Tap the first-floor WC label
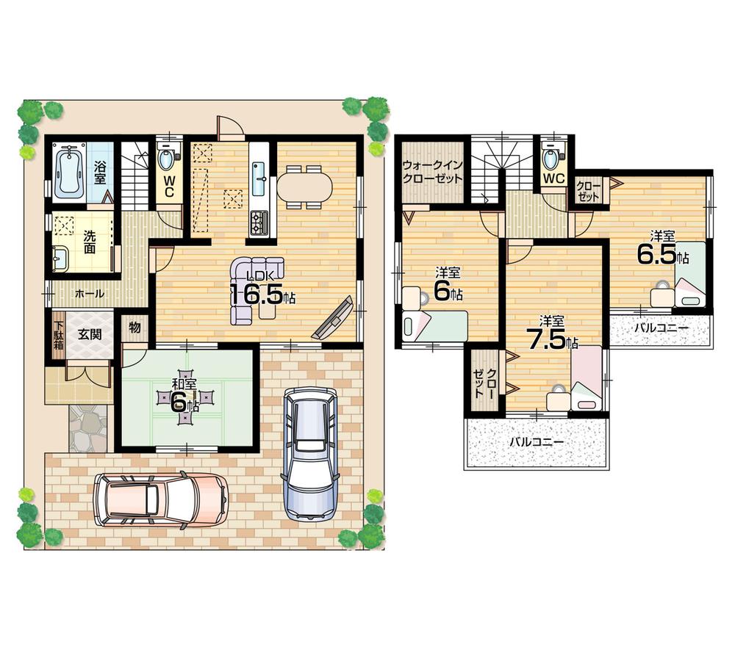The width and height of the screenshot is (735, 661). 169,181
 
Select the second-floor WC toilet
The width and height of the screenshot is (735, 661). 551,157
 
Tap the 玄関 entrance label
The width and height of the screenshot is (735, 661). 90,334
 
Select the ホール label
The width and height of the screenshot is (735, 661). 89,293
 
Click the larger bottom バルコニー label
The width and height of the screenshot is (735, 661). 537,443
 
